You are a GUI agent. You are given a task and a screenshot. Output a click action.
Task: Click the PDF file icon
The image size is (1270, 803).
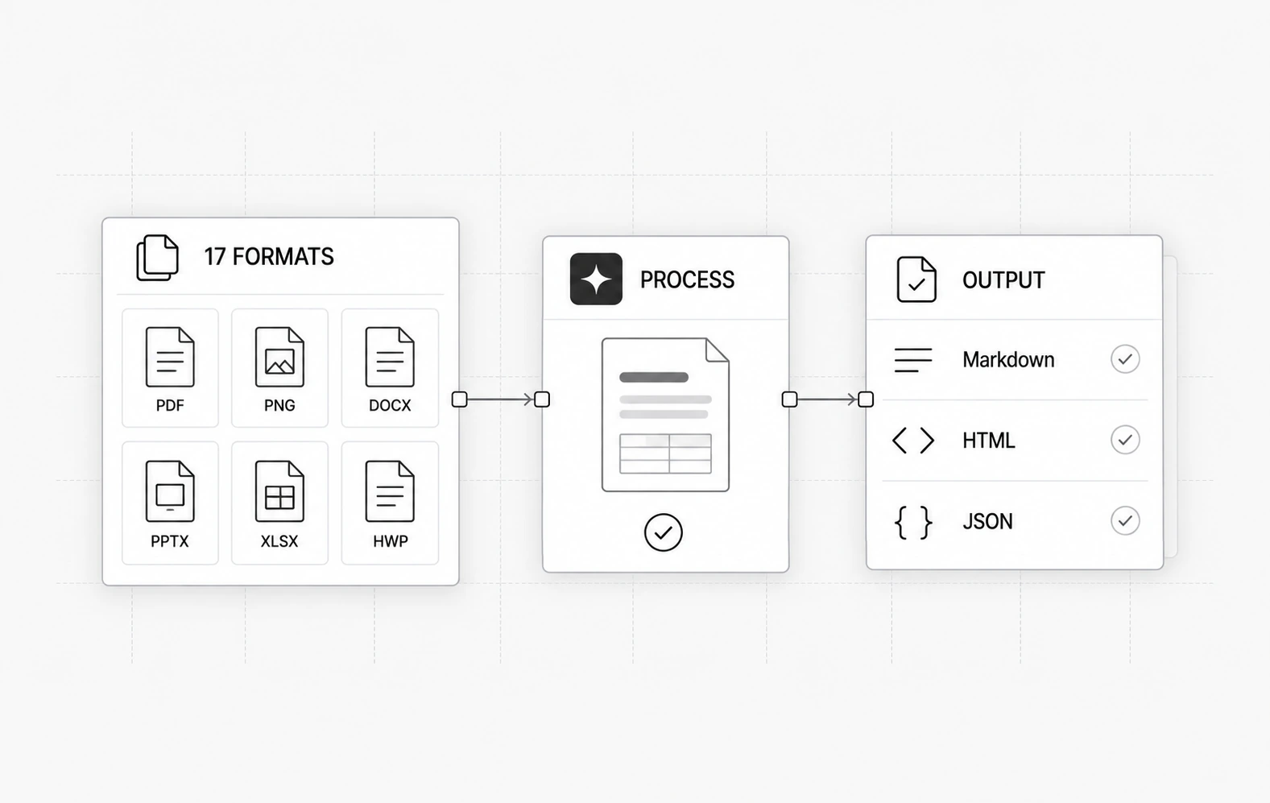point(170,358)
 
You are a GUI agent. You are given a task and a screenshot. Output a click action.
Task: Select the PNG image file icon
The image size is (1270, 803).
point(279,358)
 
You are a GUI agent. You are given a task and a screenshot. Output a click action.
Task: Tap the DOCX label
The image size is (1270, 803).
point(390,405)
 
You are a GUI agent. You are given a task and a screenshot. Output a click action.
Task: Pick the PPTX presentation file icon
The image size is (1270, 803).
point(170,491)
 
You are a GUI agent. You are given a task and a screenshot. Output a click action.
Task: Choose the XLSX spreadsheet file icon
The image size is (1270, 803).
point(279,491)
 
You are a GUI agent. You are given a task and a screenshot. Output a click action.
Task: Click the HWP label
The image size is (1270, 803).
point(390,541)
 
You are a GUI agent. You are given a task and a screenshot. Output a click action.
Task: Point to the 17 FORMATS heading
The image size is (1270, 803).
point(269,257)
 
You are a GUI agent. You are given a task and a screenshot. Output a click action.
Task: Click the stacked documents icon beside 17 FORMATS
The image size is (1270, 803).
point(158,258)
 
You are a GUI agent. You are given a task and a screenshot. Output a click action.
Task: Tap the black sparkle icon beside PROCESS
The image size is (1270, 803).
point(596,279)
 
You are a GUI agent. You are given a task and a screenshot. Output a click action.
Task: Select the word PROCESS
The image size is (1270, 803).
point(687,279)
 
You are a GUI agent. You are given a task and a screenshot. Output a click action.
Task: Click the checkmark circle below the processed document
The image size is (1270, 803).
point(663,532)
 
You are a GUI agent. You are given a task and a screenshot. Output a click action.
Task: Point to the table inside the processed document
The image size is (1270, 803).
point(665,453)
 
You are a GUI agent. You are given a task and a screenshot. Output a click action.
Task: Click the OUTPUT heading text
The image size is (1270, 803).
point(1003,280)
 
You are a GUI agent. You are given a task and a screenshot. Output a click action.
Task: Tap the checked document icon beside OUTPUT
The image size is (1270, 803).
point(916,279)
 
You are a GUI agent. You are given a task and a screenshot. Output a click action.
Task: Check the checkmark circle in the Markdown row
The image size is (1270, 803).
point(1125,359)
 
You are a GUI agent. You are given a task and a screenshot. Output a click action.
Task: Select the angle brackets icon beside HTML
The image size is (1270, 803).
point(912,441)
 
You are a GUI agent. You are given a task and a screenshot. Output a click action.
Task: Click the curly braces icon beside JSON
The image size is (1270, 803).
point(912,522)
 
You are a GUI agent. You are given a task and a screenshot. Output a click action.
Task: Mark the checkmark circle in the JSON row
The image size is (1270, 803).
point(1125,520)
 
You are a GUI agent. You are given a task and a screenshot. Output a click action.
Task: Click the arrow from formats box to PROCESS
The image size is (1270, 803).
point(501,399)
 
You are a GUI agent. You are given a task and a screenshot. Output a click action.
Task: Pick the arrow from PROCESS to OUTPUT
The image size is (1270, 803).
point(827,399)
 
